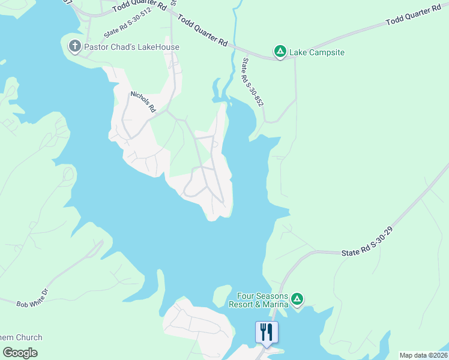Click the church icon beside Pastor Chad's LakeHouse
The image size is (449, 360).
[x=74, y=46]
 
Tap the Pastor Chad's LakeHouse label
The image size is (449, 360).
[x=132, y=47]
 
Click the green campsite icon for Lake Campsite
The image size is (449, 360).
[x=280, y=52]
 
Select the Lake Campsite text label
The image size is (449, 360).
[x=317, y=53]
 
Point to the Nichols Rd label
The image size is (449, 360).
[x=143, y=102]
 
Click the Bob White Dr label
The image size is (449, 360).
[x=31, y=305]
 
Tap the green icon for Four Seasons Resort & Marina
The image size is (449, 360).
[x=297, y=299]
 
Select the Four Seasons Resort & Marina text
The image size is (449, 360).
[x=258, y=300]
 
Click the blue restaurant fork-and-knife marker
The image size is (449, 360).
[x=267, y=332]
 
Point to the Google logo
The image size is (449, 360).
[x=20, y=353]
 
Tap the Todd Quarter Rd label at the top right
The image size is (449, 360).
[x=413, y=16]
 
